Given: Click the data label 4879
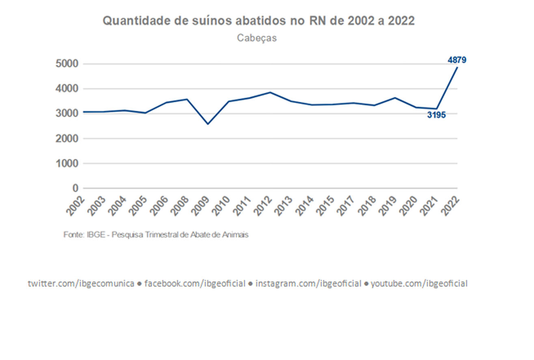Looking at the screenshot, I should point(457,60).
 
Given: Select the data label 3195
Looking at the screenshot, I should point(437,115).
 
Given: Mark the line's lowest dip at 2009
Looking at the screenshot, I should point(208,124).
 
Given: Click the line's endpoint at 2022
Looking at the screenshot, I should point(457,67).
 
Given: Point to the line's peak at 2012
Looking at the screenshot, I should point(270,92).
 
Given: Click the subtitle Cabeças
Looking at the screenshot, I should point(257,38).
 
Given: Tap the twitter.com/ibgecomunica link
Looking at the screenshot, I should point(81,284).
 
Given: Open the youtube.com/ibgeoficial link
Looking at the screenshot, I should point(419,284).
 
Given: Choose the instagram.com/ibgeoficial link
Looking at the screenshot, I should point(308,284).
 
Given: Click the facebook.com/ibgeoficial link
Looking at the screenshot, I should point(195,284).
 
